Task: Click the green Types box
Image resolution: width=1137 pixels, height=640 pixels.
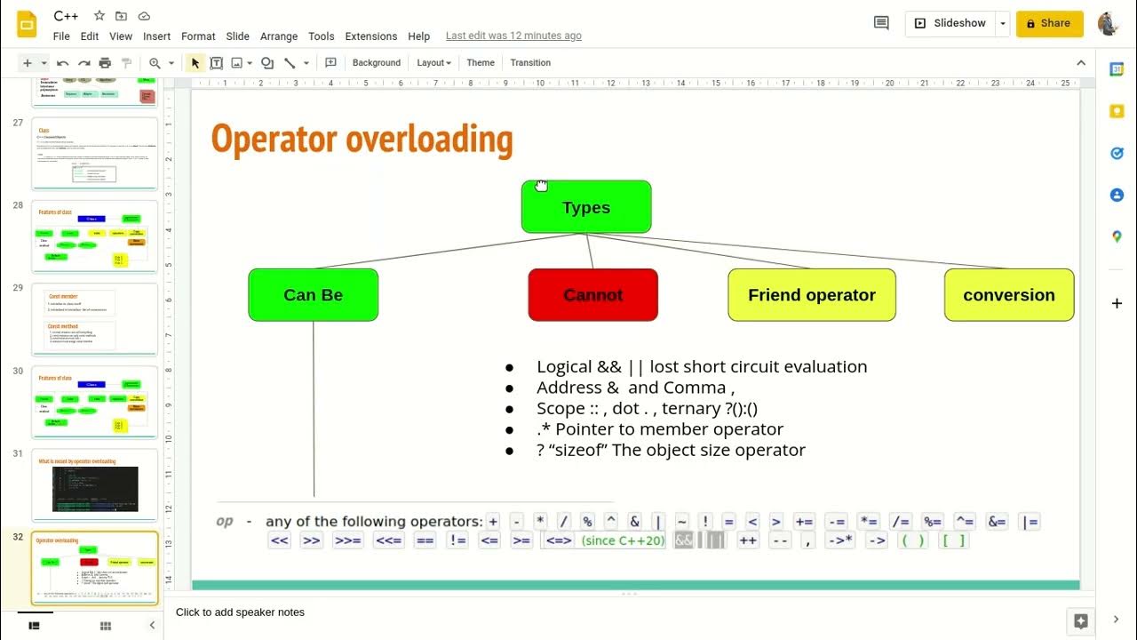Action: [586, 207]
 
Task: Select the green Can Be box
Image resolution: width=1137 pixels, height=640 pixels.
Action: [313, 295]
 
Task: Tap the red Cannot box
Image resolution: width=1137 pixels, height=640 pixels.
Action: [592, 295]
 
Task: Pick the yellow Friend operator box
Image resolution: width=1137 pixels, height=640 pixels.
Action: [811, 295]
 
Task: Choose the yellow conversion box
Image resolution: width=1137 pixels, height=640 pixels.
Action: [1008, 295]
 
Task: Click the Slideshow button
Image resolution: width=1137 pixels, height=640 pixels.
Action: [950, 23]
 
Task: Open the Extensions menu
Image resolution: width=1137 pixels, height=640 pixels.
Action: [370, 36]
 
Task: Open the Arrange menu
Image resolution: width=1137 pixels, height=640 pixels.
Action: [279, 36]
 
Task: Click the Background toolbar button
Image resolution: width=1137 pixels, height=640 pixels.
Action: [376, 63]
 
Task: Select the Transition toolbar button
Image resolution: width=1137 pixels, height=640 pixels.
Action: [530, 63]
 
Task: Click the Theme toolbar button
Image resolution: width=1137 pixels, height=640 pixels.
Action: [481, 63]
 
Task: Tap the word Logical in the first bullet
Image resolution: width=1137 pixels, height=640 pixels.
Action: [564, 366]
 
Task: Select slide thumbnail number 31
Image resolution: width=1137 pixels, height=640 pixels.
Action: [94, 484]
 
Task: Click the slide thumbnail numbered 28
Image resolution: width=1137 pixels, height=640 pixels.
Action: [94, 236]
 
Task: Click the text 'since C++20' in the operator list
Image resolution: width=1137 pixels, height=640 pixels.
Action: [623, 540]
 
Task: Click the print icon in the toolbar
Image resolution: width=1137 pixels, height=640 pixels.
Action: [105, 63]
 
